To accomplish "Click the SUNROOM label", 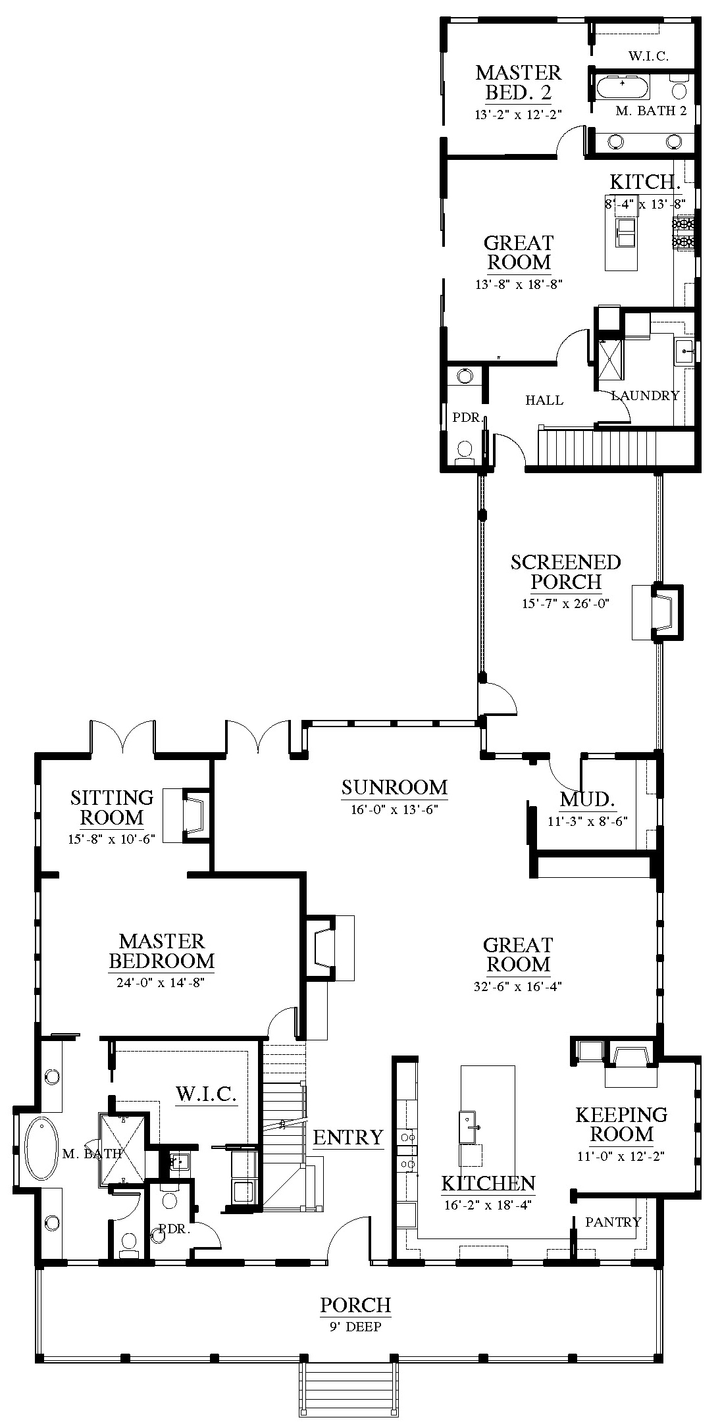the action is click(394, 787).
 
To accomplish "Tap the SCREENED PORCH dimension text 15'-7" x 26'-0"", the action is click(565, 603).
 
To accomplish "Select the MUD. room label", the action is click(588, 800).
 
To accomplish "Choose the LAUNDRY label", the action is click(645, 395).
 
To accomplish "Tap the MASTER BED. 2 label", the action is click(519, 82).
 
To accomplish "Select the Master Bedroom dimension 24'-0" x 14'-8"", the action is click(162, 984).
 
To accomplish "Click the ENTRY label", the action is click(347, 1137).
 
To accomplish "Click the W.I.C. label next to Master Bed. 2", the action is click(648, 57).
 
